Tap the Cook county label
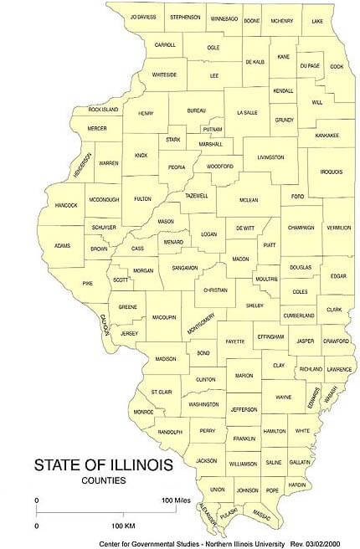pyautogui.click(x=337, y=66)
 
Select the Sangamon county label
pyautogui.click(x=184, y=268)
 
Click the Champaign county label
pyautogui.click(x=301, y=228)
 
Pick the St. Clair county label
pyautogui.click(x=161, y=391)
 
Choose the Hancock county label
pyautogui.click(x=65, y=205)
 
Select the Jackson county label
pyautogui.click(x=206, y=460)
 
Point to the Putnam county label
pyautogui.click(x=212, y=130)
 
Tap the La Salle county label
pyautogui.click(x=247, y=112)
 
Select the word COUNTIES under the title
pyautogui.click(x=104, y=480)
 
